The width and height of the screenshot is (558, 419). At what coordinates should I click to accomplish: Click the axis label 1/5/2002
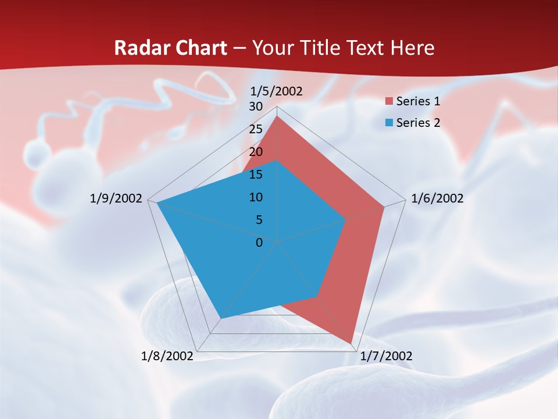tap(277, 91)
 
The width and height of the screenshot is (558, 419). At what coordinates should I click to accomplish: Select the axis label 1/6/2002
tap(437, 198)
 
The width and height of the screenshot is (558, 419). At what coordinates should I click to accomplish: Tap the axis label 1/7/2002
tap(386, 356)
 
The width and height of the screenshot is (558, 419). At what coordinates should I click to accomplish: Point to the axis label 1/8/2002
tap(167, 356)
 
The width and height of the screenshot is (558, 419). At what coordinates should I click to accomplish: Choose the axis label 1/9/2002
tap(116, 198)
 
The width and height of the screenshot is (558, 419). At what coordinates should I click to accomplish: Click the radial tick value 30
tap(256, 106)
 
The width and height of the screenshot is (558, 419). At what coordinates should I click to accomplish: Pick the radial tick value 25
tap(256, 129)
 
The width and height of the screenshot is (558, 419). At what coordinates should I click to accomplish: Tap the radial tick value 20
tap(256, 152)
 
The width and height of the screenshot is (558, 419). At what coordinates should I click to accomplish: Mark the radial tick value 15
tap(256, 175)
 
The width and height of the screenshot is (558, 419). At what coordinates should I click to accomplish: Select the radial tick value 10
tap(256, 197)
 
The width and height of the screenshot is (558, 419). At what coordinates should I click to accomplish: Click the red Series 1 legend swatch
tap(389, 102)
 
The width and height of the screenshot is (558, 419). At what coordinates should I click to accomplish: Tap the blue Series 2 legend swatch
tap(389, 123)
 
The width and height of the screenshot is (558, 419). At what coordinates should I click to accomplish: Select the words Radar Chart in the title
tap(170, 48)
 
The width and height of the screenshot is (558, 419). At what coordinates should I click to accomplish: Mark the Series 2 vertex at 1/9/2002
tap(157, 203)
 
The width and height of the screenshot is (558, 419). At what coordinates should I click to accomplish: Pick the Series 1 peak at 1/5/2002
tap(277, 116)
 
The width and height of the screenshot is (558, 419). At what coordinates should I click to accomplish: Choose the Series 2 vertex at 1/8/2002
tap(220, 318)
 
